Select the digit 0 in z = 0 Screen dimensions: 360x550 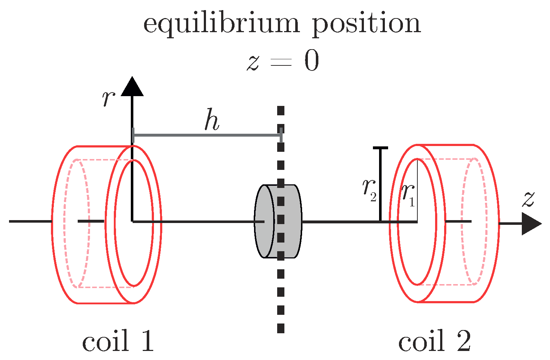[x=311, y=61]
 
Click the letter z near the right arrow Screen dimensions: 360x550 [x=528, y=199]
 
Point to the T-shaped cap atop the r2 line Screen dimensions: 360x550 [x=380, y=148]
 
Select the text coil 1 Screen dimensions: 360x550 [x=118, y=342]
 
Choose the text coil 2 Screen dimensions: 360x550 [x=434, y=342]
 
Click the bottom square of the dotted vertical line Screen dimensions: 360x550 [x=280, y=328]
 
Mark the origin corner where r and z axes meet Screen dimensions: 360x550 [x=133, y=221]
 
